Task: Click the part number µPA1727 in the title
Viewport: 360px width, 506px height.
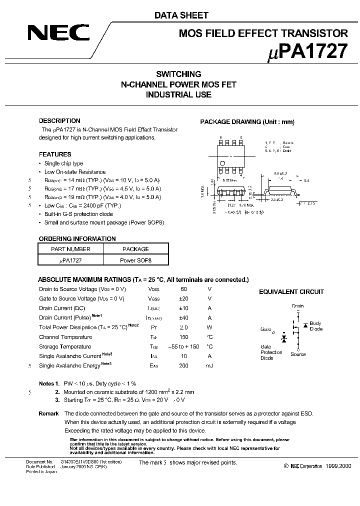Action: point(305,52)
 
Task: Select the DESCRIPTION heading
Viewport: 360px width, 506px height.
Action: point(59,121)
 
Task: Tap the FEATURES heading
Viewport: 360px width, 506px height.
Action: point(55,154)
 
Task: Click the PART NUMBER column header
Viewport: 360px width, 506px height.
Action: point(70,249)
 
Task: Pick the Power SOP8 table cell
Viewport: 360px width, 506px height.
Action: point(135,261)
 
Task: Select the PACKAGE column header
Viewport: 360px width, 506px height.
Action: point(135,249)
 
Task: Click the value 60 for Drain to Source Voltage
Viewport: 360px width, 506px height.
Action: point(183,289)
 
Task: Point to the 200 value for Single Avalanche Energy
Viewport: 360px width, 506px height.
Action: point(183,366)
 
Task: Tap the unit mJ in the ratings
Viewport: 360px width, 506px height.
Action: point(209,366)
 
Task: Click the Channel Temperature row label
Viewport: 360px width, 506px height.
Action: point(65,337)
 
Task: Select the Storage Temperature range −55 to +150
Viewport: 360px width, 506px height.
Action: point(183,346)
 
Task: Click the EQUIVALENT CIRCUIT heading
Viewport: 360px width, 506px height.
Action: point(291,292)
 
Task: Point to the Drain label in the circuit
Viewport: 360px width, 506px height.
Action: point(297,306)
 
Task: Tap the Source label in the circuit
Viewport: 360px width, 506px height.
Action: point(298,354)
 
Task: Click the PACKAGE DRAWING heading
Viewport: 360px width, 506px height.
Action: point(247,122)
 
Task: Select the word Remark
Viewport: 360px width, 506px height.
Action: point(48,413)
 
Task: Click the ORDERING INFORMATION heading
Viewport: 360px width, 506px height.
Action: point(77,239)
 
